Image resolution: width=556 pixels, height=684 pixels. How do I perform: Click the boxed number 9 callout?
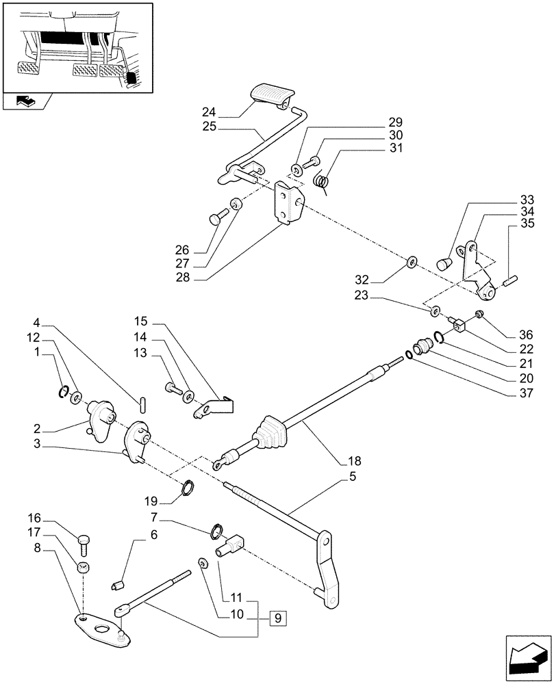click(279, 620)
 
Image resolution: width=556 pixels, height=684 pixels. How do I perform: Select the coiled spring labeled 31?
click(321, 181)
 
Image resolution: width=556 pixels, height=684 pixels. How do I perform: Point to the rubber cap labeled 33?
click(445, 263)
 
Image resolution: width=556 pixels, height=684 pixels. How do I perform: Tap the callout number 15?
click(141, 321)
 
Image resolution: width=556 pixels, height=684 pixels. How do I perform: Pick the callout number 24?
click(210, 111)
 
